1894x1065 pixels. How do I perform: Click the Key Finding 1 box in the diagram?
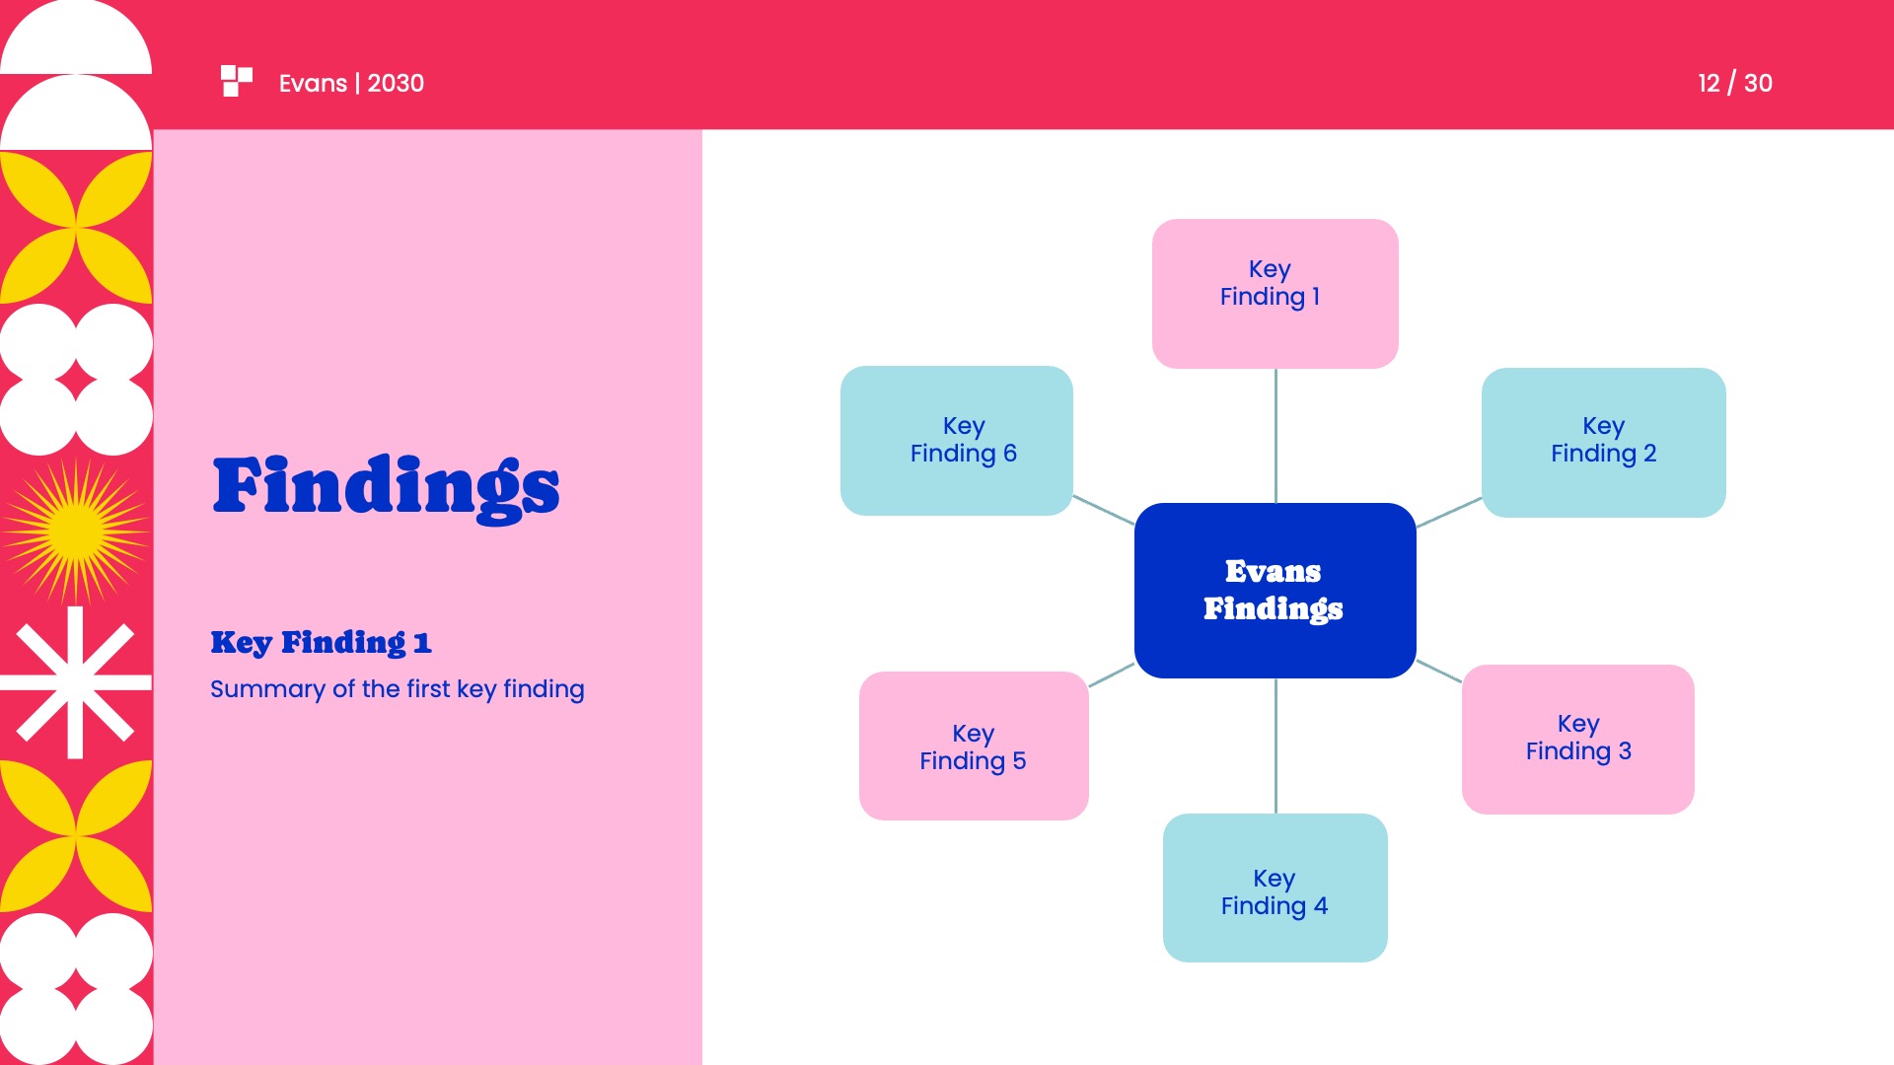(x=1275, y=293)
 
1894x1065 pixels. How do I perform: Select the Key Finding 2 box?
(x=1603, y=442)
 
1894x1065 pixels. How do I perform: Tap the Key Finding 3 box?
(x=1577, y=739)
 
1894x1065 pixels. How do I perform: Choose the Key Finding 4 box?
(x=1275, y=887)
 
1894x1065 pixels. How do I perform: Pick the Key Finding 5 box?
(x=973, y=745)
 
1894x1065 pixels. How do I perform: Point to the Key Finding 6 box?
(x=956, y=440)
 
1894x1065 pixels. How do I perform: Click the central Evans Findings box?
(x=1275, y=590)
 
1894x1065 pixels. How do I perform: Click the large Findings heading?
(x=386, y=486)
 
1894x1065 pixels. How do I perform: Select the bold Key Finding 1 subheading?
(x=321, y=642)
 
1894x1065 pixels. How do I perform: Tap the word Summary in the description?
(x=267, y=689)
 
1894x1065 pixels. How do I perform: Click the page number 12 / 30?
(x=1734, y=83)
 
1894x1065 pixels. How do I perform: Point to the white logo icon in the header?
(x=237, y=81)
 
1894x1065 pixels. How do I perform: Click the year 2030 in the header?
(x=396, y=83)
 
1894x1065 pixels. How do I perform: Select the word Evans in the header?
(x=313, y=83)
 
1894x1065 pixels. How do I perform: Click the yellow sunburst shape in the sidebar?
(x=75, y=532)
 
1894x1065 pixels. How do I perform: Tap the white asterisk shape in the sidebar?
(x=75, y=682)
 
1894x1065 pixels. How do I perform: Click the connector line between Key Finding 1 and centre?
(x=1275, y=435)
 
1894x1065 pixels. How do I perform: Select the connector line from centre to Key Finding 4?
(x=1275, y=745)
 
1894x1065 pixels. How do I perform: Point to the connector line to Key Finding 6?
(x=1103, y=509)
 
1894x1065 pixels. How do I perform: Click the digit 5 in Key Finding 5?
(x=1019, y=761)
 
